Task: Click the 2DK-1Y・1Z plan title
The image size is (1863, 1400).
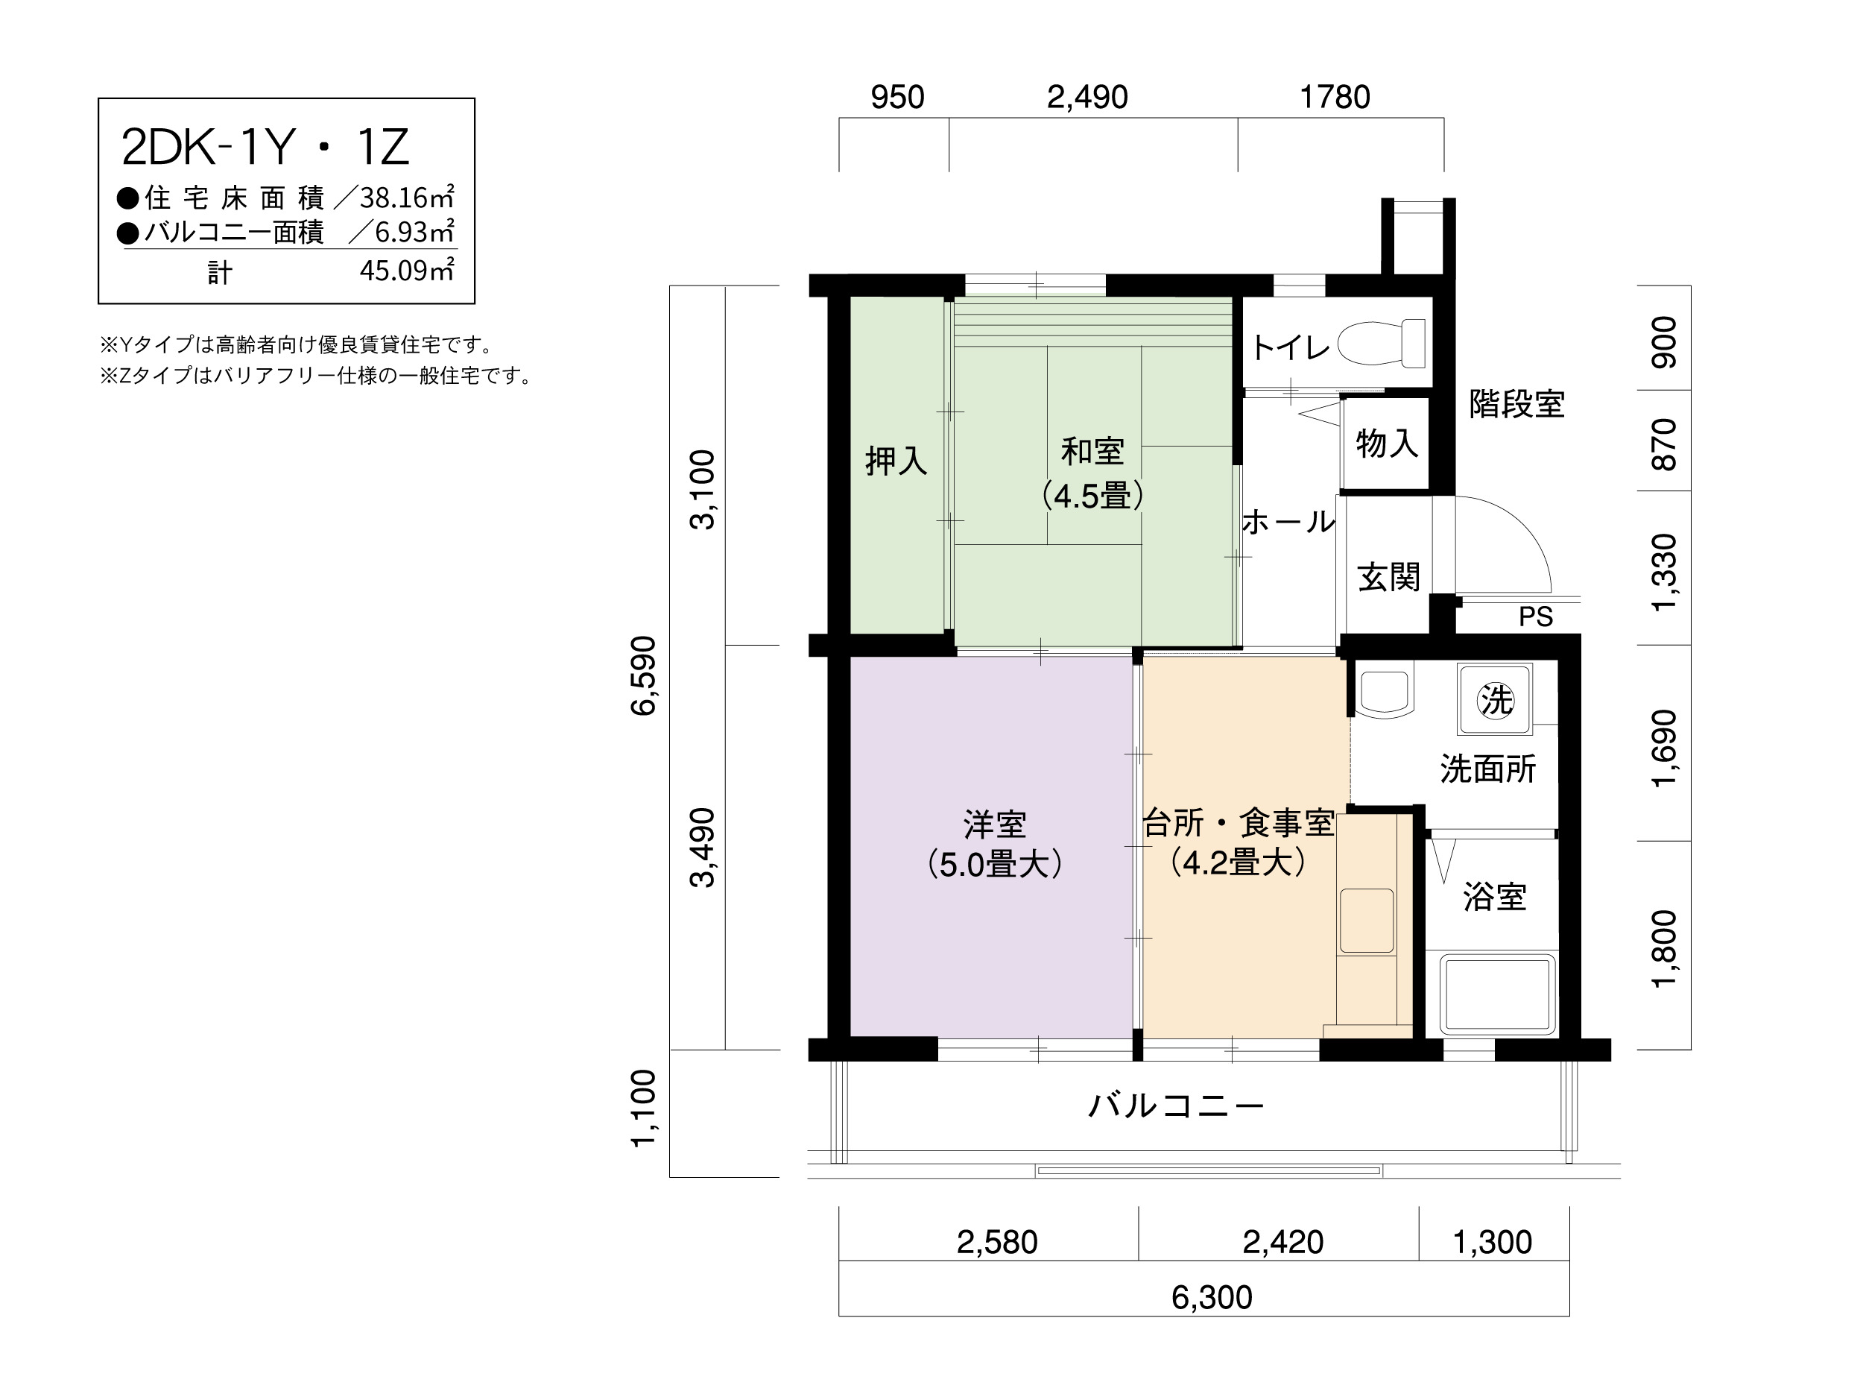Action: [x=265, y=148]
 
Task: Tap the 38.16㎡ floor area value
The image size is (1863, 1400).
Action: [x=407, y=198]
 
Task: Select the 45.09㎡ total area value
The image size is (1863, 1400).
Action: [x=407, y=271]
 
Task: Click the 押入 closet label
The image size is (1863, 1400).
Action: [x=896, y=461]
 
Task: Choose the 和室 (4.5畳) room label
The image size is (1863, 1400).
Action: [x=1092, y=473]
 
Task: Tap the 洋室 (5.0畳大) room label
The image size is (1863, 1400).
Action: [x=995, y=844]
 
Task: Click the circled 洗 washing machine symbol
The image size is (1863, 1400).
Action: [x=1496, y=700]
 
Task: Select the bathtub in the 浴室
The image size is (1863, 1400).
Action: [x=1496, y=994]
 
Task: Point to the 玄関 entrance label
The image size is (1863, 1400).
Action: [x=1389, y=578]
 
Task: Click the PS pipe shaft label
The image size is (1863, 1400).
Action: [x=1535, y=617]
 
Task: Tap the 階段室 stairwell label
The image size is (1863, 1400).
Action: [x=1516, y=404]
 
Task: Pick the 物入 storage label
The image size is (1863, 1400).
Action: [x=1386, y=443]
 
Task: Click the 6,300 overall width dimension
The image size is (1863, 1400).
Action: [x=1212, y=1298]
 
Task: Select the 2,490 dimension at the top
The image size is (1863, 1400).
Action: [x=1087, y=98]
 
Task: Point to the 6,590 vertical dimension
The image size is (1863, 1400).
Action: [x=643, y=675]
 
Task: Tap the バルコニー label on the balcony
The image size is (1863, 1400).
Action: [x=1177, y=1106]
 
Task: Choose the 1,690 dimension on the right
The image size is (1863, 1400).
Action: [x=1665, y=749]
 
